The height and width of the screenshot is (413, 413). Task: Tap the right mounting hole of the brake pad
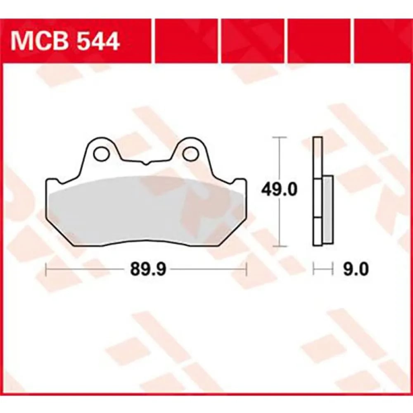191,154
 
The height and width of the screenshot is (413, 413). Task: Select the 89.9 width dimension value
148,269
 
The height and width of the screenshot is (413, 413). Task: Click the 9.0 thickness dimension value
355,269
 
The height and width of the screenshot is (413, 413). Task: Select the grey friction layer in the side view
328,209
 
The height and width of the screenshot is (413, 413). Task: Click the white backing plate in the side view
317,192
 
